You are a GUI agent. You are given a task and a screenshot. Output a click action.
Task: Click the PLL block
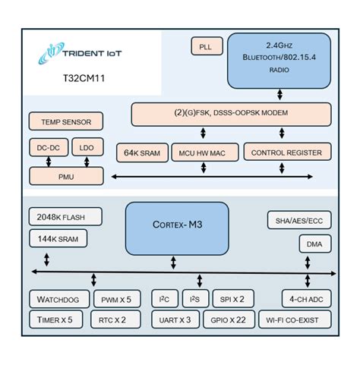[206, 46]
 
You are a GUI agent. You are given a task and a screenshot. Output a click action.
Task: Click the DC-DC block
[47, 148]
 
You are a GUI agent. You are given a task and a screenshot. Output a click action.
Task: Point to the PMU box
[67, 176]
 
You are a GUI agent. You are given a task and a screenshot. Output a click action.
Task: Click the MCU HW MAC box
[204, 152]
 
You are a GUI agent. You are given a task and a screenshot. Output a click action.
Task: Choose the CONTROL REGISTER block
[287, 152]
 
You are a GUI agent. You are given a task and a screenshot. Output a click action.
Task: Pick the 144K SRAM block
[58, 240]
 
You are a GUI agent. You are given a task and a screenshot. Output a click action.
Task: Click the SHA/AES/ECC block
[298, 221]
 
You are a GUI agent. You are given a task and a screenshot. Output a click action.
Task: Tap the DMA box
[314, 244]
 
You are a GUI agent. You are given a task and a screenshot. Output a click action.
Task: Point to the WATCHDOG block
[60, 298]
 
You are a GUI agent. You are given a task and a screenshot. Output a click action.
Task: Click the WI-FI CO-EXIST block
[295, 320]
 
